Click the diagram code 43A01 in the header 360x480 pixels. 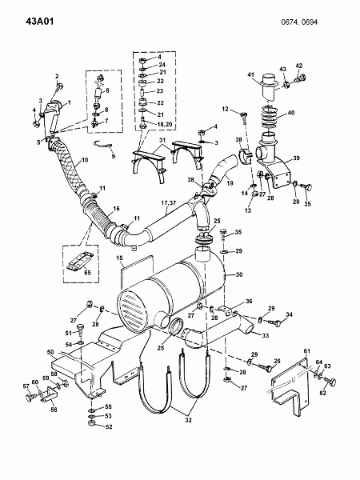[x=40, y=22]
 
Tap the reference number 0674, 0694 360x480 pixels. [x=299, y=22]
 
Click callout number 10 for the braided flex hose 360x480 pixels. [x=85, y=160]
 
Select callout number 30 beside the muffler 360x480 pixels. [x=238, y=274]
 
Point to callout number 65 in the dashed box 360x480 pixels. [x=87, y=273]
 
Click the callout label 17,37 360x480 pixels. [x=168, y=203]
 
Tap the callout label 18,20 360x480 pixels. [x=157, y=124]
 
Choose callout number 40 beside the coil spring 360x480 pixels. [x=291, y=113]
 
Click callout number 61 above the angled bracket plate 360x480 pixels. [x=307, y=351]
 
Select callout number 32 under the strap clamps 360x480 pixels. [x=188, y=420]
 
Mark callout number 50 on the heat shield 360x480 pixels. [x=50, y=352]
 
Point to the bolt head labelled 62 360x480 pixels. [x=331, y=382]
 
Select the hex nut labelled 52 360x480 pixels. [x=90, y=423]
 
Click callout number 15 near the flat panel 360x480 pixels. [x=119, y=258]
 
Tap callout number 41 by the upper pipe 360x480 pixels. [x=251, y=74]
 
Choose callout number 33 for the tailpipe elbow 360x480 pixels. [x=266, y=335]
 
